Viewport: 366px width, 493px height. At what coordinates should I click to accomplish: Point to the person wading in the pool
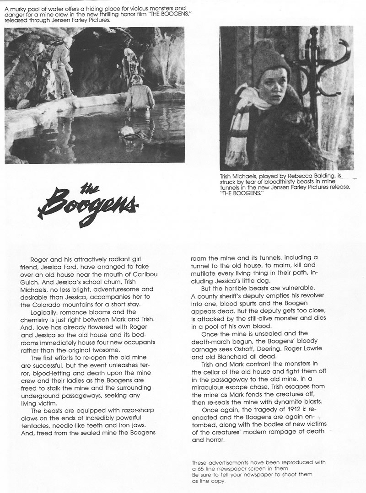click(139, 94)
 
